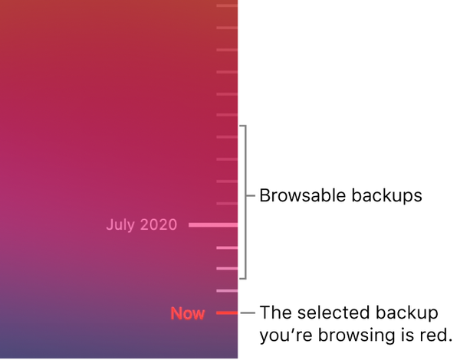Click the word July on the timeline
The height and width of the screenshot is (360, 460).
[x=120, y=225]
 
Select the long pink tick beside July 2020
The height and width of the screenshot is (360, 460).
[x=213, y=225]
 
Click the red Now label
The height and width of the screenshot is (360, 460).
[x=188, y=313]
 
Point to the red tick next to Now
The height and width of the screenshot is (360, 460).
[x=227, y=313]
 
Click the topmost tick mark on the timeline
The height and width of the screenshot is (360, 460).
[x=227, y=6]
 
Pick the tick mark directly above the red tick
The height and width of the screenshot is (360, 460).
[x=227, y=291]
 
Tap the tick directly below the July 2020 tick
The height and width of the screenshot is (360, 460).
[x=227, y=247]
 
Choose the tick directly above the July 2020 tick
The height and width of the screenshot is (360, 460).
[x=227, y=204]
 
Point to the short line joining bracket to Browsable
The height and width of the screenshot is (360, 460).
[x=250, y=196]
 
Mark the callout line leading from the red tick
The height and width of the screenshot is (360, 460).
[x=248, y=313]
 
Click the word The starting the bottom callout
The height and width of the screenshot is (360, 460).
[x=274, y=313]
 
